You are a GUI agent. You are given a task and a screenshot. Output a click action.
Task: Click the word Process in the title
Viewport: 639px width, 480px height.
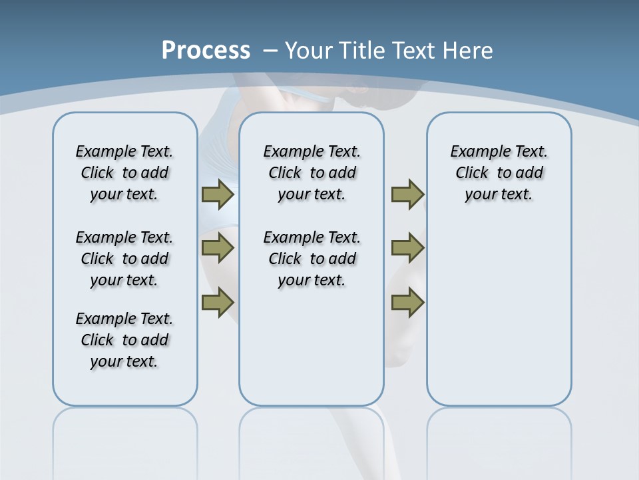(x=206, y=50)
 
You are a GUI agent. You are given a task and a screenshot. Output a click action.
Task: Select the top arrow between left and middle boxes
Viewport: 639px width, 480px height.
(x=218, y=195)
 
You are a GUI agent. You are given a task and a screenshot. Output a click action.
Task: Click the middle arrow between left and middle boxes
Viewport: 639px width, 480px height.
(x=218, y=248)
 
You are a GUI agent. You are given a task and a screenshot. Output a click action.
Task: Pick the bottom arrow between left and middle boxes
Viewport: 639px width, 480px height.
(x=218, y=303)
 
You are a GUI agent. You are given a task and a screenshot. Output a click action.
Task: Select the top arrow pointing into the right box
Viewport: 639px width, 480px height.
(x=407, y=195)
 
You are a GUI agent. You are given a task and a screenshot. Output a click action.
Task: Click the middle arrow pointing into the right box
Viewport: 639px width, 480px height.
(x=407, y=248)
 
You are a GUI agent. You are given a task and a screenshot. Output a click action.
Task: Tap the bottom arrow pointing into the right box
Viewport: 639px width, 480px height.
(x=407, y=303)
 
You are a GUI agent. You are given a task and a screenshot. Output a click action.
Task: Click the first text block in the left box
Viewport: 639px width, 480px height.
(x=124, y=173)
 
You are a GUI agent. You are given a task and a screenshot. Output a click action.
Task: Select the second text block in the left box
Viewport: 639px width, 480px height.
(x=124, y=259)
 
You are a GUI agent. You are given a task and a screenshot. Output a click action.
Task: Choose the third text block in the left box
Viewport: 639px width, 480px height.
(x=124, y=340)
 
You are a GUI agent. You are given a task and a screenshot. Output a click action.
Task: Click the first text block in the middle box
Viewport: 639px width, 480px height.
(x=312, y=173)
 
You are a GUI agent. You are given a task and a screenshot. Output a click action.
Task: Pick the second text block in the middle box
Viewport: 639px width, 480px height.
(x=312, y=259)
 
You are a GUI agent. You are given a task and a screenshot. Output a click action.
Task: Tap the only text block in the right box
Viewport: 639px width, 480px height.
(x=499, y=173)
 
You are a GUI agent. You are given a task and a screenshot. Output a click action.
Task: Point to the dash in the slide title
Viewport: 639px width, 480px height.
(x=270, y=50)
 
